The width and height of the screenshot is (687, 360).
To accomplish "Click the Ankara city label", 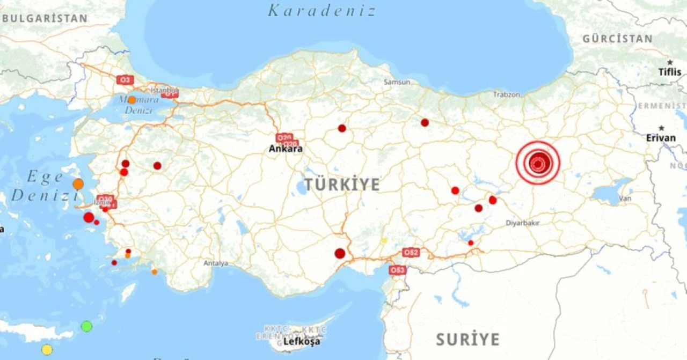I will [x=286, y=149].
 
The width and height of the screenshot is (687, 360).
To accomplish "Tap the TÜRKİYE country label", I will [x=342, y=185].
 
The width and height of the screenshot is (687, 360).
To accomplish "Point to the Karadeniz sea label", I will [x=322, y=11].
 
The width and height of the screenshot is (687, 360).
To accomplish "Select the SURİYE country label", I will [x=467, y=340].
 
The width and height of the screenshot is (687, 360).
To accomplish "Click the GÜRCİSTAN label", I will [x=618, y=39].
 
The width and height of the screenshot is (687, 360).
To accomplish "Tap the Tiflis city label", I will [x=670, y=72].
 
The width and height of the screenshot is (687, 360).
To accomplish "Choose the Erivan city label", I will [x=661, y=138].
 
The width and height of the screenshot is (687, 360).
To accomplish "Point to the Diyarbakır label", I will [x=523, y=223].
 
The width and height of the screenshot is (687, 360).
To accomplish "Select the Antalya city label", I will [x=216, y=263].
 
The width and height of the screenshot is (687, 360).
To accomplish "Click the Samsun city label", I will [x=397, y=82].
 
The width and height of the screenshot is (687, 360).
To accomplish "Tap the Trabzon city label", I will [x=507, y=94].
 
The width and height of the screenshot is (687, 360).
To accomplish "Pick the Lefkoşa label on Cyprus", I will [x=302, y=341].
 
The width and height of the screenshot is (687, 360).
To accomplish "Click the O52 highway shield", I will [x=411, y=252].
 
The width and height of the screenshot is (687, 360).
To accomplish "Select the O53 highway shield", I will [x=398, y=270].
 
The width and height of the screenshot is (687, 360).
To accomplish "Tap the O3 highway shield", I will [x=125, y=80].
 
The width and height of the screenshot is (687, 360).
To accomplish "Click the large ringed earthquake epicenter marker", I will [x=538, y=163].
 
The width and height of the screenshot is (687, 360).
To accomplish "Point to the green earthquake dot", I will [x=86, y=326].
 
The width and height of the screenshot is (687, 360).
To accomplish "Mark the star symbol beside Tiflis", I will [x=670, y=62].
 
